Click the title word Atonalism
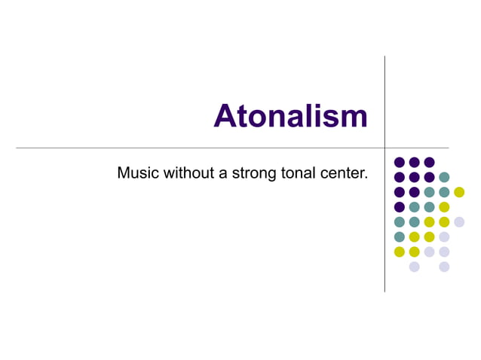(x=290, y=117)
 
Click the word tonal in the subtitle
(x=293, y=173)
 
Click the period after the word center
(x=366, y=178)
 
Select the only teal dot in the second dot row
(x=444, y=177)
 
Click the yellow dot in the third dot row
(x=459, y=192)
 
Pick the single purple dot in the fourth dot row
(x=400, y=207)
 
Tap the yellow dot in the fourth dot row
(x=444, y=207)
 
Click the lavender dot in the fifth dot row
(x=459, y=221)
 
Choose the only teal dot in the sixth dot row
(x=400, y=236)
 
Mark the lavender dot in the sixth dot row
(x=444, y=236)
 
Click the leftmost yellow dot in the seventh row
(x=400, y=252)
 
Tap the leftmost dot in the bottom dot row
(x=414, y=267)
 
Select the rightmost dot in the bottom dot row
(x=444, y=267)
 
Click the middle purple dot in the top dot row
(x=414, y=162)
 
